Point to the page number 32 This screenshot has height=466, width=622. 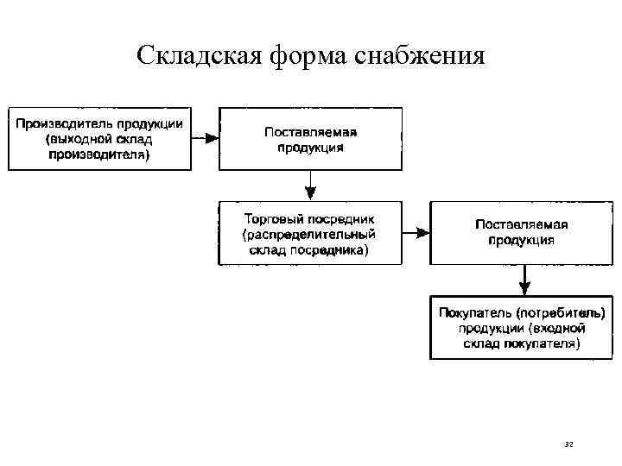568,444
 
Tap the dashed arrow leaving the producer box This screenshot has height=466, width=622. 205,138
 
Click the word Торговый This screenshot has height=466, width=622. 270,217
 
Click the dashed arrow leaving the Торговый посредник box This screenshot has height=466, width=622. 416,233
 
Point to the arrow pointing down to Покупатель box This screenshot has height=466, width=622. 523,280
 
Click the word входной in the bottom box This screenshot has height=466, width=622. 556,327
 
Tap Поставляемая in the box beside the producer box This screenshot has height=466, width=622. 310,131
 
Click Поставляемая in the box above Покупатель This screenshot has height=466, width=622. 521,224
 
